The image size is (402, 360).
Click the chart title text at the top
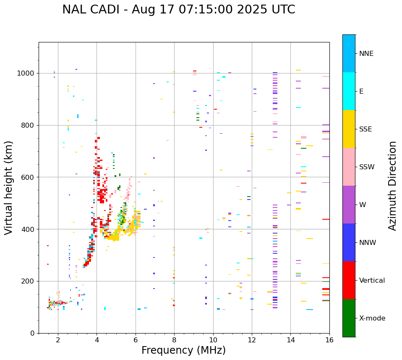tap(179, 10)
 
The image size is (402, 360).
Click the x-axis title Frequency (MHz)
tap(183, 350)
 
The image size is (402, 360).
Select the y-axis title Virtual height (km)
tap(9, 187)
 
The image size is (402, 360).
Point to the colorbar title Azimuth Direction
tap(392, 186)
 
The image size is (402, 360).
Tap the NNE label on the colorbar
tap(366, 54)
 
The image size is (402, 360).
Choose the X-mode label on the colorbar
tap(372, 318)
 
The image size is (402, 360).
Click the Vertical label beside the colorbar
tap(372, 281)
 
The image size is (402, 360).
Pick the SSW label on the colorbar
tap(367, 167)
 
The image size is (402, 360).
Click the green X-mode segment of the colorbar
tap(349, 318)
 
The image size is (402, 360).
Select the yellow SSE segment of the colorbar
tap(349, 129)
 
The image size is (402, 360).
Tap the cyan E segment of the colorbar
tap(349, 91)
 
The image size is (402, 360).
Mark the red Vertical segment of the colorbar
tap(349, 280)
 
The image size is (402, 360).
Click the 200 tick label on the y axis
tap(29, 281)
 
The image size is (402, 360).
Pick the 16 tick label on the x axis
tap(329, 340)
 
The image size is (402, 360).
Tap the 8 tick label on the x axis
tap(174, 340)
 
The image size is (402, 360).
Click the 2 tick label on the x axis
tap(58, 340)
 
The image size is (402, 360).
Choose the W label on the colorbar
tap(363, 205)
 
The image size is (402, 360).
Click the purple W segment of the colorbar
tap(349, 205)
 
